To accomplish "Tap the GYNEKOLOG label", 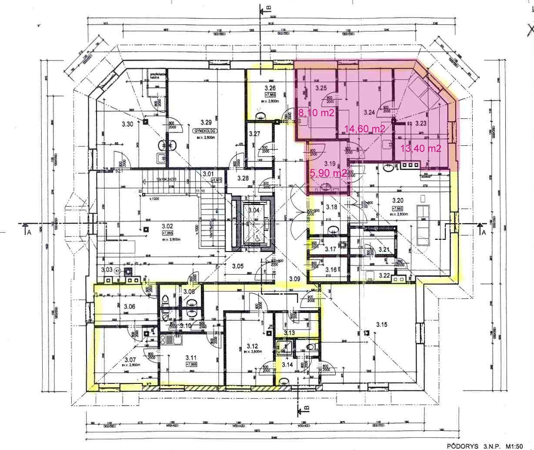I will [x=205, y=131].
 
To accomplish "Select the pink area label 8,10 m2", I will [x=316, y=114].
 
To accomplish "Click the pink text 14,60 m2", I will [x=364, y=128].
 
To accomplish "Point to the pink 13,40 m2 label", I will [x=421, y=148].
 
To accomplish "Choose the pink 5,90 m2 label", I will [x=328, y=173].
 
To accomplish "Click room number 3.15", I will [x=381, y=324].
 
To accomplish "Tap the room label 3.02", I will [x=167, y=226].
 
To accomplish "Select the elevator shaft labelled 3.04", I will [x=253, y=211].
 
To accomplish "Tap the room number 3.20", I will [x=398, y=201].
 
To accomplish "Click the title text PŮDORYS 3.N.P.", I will [x=474, y=446].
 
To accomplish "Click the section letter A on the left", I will [x=29, y=232].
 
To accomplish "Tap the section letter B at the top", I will [x=268, y=7].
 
